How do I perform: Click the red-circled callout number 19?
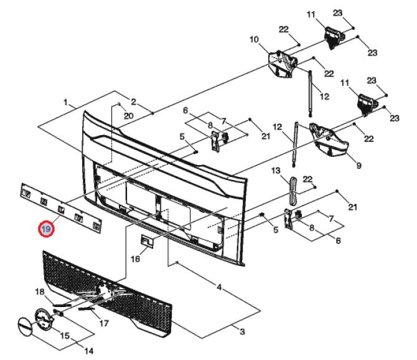point(46,229)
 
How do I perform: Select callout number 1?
point(66,102)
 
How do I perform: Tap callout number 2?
point(134,102)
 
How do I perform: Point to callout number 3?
point(242,332)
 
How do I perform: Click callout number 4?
point(219,287)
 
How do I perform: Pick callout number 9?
point(358,166)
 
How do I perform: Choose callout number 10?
point(254,40)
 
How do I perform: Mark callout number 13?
point(276,170)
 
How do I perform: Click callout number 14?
point(89,351)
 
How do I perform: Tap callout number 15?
point(65,336)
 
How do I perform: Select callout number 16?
point(135,258)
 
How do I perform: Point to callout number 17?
point(104,323)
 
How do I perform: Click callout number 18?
point(40,292)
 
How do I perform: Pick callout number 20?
point(128,116)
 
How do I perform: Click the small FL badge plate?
point(147,241)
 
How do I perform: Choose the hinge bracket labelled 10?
point(283,64)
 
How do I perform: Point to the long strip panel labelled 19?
point(61,208)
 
